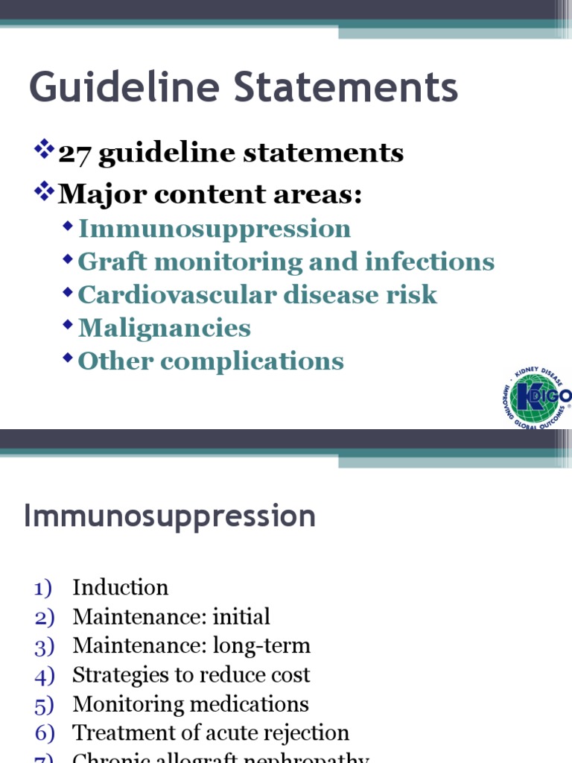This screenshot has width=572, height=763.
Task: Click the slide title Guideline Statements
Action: pyautogui.click(x=244, y=88)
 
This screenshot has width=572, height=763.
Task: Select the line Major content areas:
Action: pyautogui.click(x=210, y=194)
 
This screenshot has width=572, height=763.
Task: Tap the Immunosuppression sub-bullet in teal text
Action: pyautogui.click(x=214, y=229)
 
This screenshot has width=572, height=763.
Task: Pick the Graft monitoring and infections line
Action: pyautogui.click(x=286, y=262)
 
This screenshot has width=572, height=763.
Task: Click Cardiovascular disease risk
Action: pyautogui.click(x=258, y=294)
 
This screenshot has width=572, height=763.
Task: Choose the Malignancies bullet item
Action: pyautogui.click(x=165, y=328)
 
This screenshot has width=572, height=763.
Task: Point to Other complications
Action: pyautogui.click(x=211, y=361)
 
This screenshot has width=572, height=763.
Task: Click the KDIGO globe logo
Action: pyautogui.click(x=536, y=397)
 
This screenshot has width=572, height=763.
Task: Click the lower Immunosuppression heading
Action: pyautogui.click(x=170, y=516)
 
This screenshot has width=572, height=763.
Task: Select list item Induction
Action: pyautogui.click(x=120, y=587)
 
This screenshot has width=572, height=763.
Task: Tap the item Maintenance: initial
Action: pyautogui.click(x=171, y=617)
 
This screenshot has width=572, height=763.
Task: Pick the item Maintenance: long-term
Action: pyautogui.click(x=191, y=646)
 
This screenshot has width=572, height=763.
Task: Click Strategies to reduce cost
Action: pyautogui.click(x=191, y=675)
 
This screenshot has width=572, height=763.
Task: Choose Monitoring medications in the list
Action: pyautogui.click(x=191, y=704)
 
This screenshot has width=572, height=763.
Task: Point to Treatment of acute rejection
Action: pyautogui.click(x=211, y=733)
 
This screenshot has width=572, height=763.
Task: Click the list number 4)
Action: pyautogui.click(x=45, y=676)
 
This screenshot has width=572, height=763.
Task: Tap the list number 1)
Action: pyautogui.click(x=45, y=588)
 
